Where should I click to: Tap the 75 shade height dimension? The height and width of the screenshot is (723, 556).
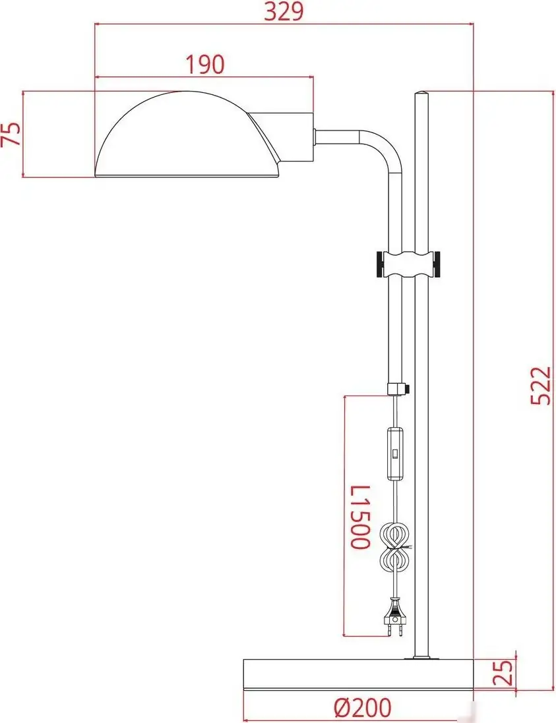[x=11, y=134]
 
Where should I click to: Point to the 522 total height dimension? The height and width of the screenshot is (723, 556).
[x=540, y=386]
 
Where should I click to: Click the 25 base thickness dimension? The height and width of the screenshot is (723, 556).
[x=503, y=672]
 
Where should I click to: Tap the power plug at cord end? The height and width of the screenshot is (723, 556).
[x=395, y=617]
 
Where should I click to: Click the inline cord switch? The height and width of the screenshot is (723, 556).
[x=394, y=453]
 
